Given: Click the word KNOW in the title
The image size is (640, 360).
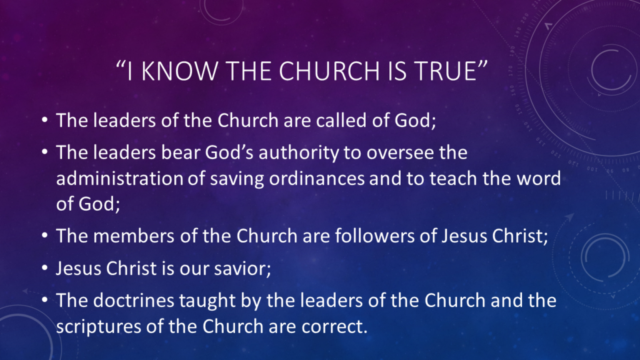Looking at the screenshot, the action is pyautogui.click(x=179, y=71).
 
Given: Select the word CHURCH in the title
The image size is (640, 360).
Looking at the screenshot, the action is pyautogui.click(x=329, y=71).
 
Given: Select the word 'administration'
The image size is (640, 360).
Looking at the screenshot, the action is pyautogui.click(x=119, y=179).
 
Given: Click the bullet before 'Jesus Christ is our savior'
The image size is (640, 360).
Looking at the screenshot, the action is pyautogui.click(x=45, y=268).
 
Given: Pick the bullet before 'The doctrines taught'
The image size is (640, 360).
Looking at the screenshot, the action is pyautogui.click(x=45, y=300).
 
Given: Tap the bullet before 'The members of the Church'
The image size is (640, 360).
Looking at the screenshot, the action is pyautogui.click(x=45, y=236).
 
